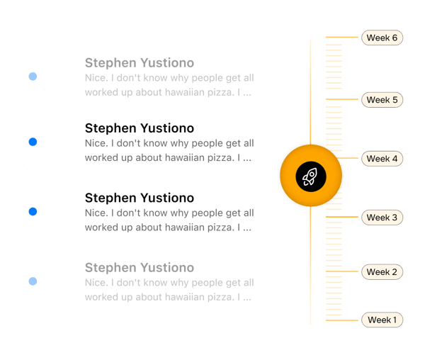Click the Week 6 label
tap(382, 38)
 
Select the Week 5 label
tap(382, 100)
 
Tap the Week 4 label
tap(382, 159)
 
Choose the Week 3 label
tap(382, 218)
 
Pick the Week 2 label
tap(382, 272)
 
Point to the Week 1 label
tap(382, 320)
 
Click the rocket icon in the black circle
tap(310, 175)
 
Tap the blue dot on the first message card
tap(33, 77)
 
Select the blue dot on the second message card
tap(33, 142)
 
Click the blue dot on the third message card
tap(33, 212)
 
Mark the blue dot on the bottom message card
tap(33, 282)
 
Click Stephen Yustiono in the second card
tap(139, 128)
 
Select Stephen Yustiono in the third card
tap(139, 198)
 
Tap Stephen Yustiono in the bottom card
tap(139, 268)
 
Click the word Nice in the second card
tap(95, 144)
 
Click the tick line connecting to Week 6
tap(343, 37)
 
